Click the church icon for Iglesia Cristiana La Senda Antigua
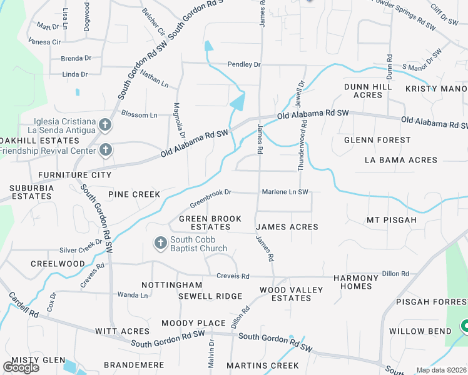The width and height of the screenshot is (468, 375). [105, 125]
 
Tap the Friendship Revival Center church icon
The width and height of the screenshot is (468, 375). [105, 150]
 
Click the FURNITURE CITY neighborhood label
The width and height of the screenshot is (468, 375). [74, 175]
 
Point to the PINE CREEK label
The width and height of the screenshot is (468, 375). [134, 194]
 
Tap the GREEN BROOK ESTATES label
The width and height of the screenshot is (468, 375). [210, 222]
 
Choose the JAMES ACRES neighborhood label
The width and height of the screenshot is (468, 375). [287, 227]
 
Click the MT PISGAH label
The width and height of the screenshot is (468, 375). [392, 220]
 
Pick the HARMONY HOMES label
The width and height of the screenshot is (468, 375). [356, 282]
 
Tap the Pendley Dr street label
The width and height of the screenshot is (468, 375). [244, 64]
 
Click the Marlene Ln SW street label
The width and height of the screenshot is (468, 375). [285, 192]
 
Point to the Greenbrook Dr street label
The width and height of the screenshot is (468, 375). [211, 198]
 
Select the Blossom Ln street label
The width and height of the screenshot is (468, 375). [139, 115]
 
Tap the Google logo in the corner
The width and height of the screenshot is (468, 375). [21, 367]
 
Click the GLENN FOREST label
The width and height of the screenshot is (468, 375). [377, 141]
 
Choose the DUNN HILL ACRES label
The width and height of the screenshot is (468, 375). [368, 91]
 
